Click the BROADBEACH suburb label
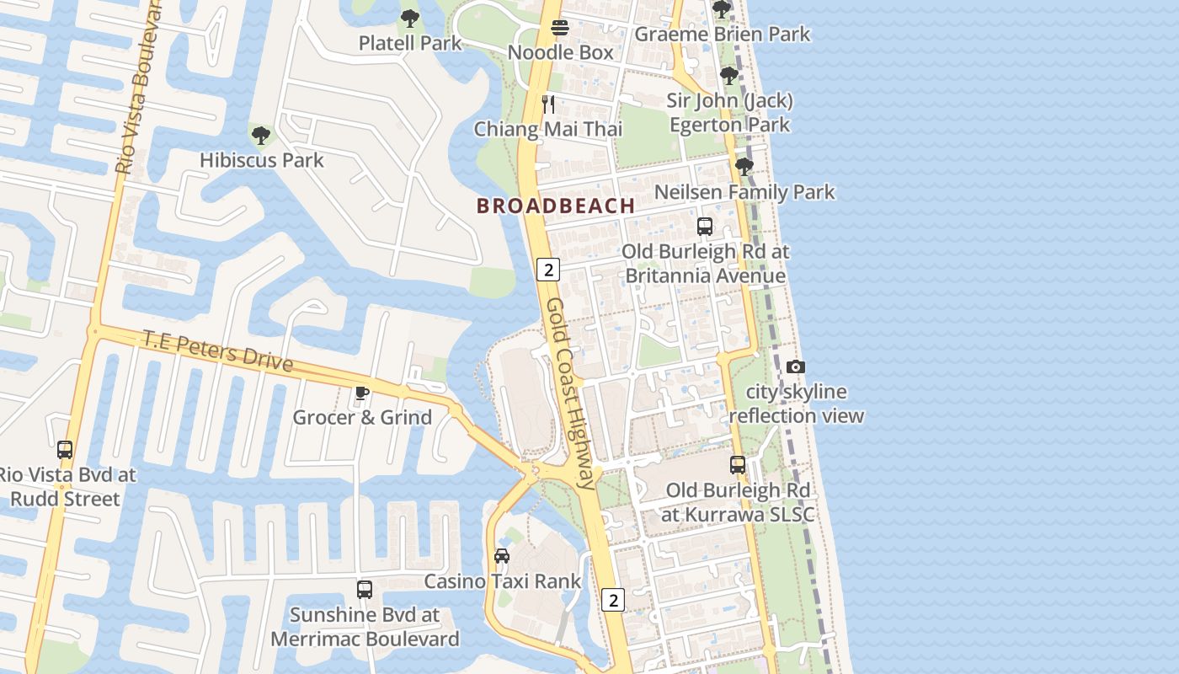pos(556,206)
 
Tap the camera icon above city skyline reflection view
pos(795,366)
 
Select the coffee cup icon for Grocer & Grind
pos(362,393)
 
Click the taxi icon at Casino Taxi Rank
pos(502,556)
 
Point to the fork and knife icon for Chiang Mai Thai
pos(548,104)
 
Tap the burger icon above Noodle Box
pos(560,28)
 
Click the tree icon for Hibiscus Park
pos(261,135)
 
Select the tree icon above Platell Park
pos(410,18)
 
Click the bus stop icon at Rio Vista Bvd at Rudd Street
pos(65,450)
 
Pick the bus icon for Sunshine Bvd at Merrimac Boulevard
pos(365,590)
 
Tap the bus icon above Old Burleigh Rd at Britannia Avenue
pos(705,227)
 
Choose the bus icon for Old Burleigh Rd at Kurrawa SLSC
pos(738,465)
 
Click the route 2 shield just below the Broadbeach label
pos(548,270)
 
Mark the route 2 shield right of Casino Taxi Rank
pos(613,600)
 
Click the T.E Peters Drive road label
pos(217,350)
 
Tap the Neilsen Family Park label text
pos(744,192)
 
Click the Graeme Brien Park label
pos(722,34)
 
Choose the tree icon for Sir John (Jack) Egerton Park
pos(729,76)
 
